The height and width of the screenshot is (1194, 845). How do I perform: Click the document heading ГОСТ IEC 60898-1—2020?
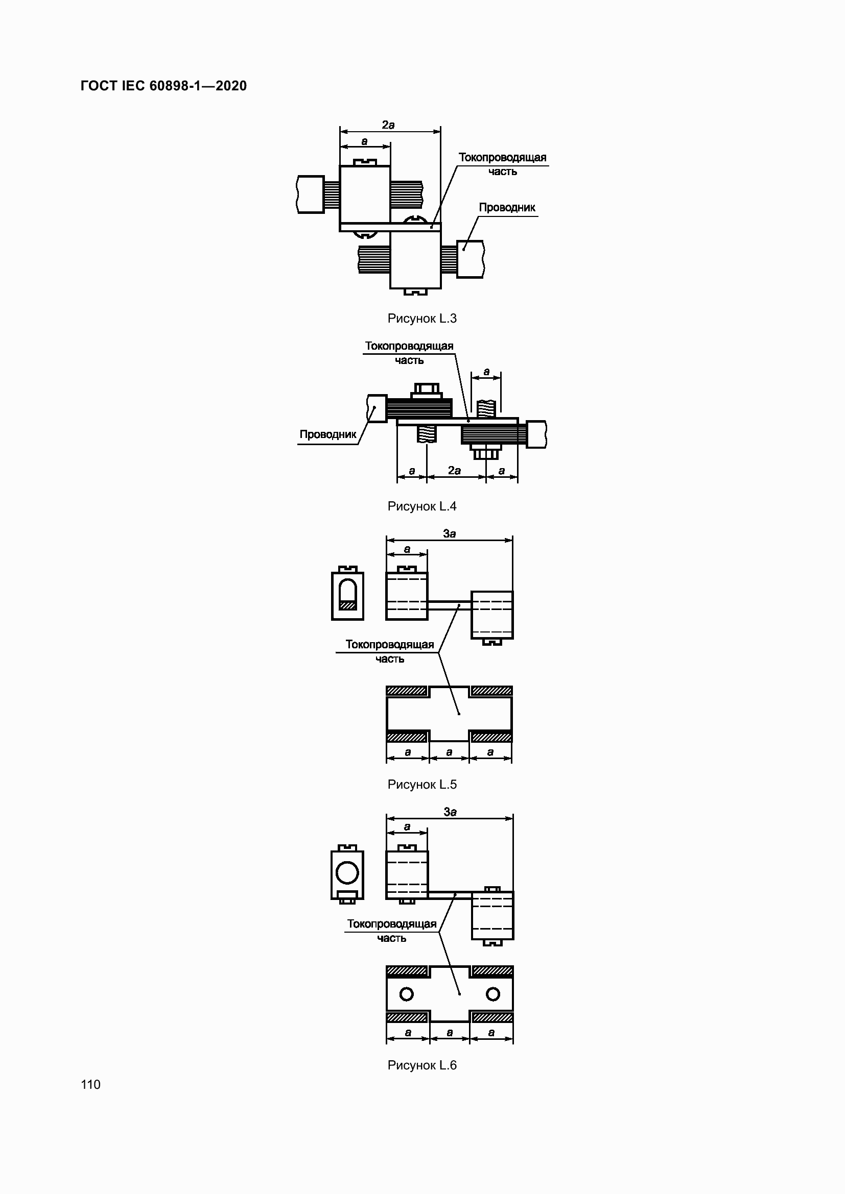point(164,86)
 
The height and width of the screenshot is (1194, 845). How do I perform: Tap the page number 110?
point(90,1084)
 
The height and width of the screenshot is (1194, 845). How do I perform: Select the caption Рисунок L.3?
point(422,318)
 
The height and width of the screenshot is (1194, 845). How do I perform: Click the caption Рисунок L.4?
point(422,506)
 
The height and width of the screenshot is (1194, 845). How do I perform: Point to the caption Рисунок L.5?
point(422,784)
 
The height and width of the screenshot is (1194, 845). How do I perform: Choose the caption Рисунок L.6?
point(422,1065)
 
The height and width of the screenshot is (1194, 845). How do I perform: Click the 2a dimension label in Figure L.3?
point(388,125)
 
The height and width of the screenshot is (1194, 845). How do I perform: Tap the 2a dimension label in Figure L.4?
point(454,471)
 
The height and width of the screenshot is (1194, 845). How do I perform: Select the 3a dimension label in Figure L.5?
point(450,533)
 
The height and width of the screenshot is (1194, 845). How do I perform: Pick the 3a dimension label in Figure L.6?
point(450,812)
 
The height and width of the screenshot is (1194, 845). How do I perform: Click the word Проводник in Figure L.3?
point(507,207)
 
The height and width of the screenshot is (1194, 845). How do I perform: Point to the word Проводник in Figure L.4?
point(328,434)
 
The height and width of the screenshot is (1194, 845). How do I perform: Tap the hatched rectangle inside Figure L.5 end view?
point(347,605)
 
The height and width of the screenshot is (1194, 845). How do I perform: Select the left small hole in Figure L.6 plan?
point(406,994)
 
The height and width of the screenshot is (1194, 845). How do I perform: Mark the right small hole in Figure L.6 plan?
point(492,994)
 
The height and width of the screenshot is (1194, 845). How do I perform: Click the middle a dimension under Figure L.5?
point(450,752)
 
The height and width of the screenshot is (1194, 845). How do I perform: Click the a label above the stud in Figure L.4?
point(486,372)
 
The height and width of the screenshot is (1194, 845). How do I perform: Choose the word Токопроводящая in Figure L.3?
point(502,157)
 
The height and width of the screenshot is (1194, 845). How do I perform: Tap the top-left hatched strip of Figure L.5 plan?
point(407,691)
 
